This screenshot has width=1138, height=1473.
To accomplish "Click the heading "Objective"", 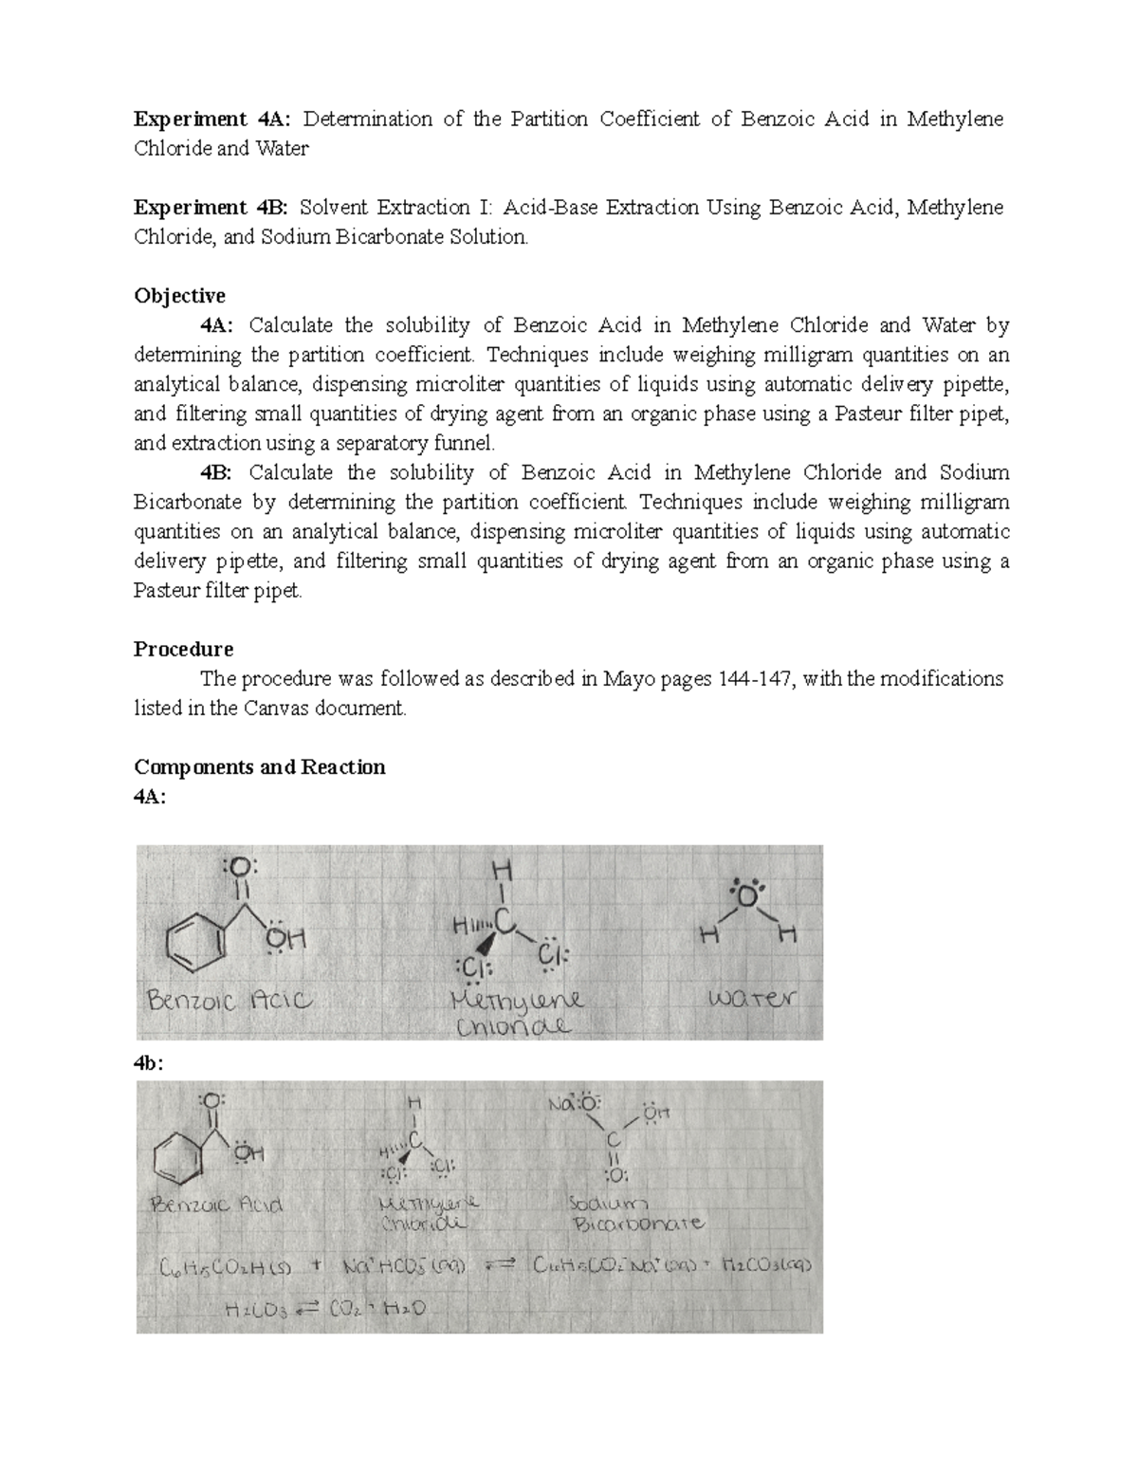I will [179, 296].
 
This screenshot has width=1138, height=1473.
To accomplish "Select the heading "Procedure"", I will [183, 650].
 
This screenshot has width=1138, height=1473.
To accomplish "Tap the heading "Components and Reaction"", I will [260, 767].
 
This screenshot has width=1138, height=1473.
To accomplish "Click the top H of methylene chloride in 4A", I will [502, 870].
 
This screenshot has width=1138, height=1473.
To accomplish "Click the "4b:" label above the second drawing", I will [149, 1063].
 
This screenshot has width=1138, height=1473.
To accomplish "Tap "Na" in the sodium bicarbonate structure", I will [561, 1105].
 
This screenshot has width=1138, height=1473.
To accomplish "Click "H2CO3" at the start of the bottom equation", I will [257, 1310].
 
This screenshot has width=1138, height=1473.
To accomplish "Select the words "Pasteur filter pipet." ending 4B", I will [219, 591].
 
